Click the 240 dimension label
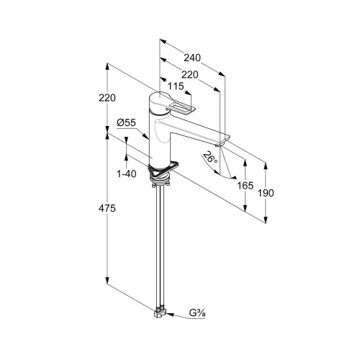tap(192, 58)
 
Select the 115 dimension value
tap(176, 86)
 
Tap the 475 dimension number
tap(107, 208)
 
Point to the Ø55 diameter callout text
tap(127, 122)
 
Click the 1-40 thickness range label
tap(127, 174)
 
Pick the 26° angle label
tap(210, 158)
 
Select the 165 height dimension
tap(245, 185)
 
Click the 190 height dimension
tap(266, 193)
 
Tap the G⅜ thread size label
tap(197, 313)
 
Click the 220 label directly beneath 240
tap(190, 75)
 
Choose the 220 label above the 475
tap(107, 98)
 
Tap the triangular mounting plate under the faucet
tap(163, 170)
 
